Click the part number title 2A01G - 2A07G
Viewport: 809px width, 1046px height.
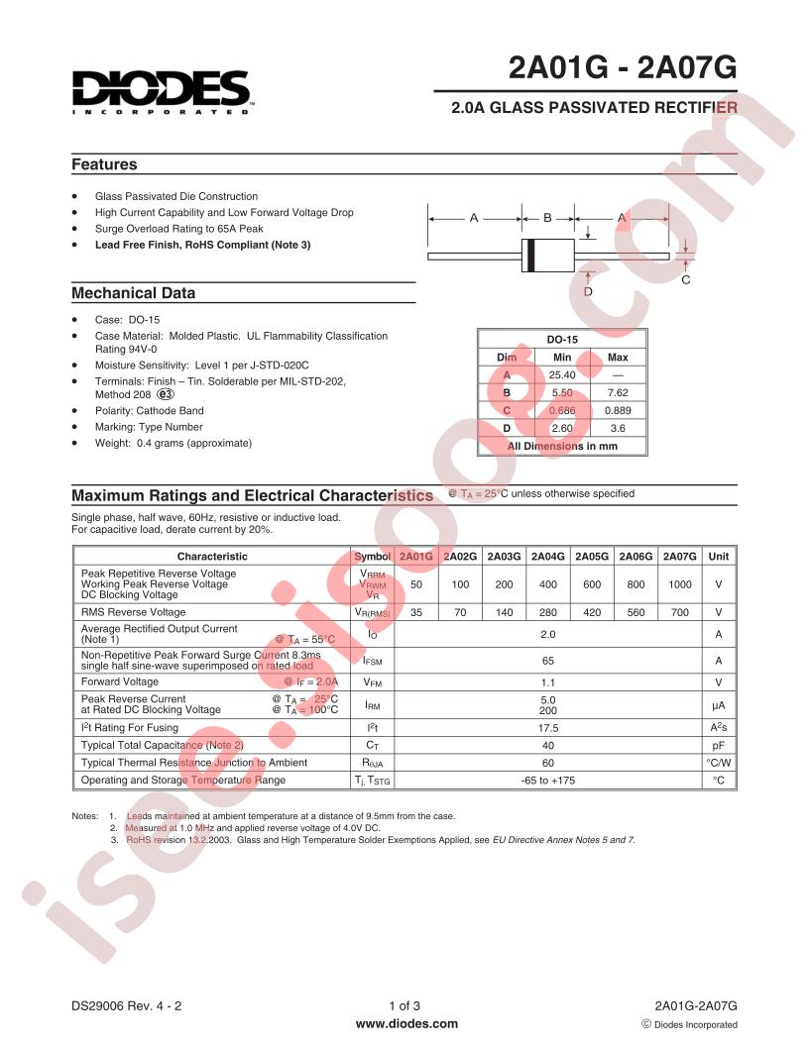623,69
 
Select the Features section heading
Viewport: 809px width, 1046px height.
104,164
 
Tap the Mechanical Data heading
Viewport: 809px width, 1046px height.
133,293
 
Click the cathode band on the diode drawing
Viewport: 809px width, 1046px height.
530,255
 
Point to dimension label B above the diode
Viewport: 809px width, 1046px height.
547,217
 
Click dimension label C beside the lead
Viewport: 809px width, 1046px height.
684,281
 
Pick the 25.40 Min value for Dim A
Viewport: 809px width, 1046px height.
562,374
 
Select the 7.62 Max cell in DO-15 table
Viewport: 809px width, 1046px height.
617,392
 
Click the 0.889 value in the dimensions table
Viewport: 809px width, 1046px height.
617,410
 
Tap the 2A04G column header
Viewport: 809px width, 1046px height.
547,557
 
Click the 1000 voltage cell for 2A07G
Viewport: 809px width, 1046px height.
679,584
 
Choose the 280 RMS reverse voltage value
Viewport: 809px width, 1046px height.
547,612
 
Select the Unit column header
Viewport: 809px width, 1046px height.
718,557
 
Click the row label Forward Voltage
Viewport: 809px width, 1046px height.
120,681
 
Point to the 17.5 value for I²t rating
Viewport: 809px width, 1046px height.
547,727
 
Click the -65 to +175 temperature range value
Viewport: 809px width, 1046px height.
547,781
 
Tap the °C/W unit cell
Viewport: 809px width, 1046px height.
718,763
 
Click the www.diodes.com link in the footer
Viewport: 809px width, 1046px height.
406,1024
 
